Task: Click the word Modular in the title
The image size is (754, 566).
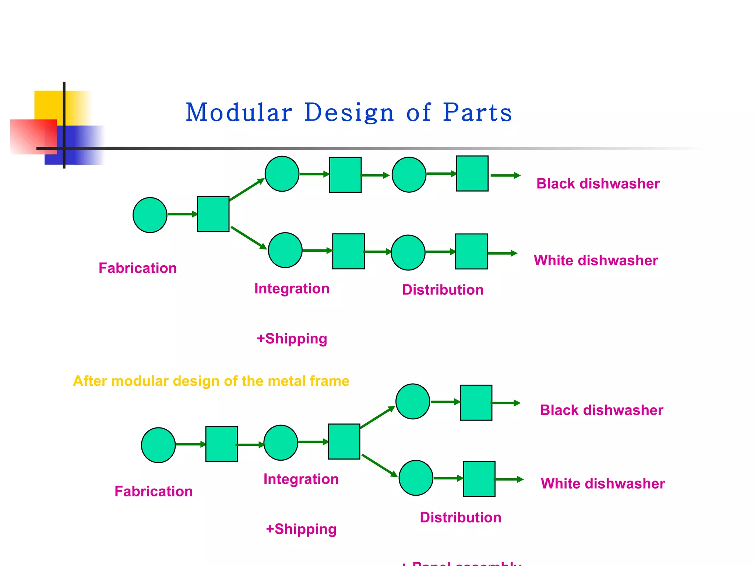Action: coord(239,112)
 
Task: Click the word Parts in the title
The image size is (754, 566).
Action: coord(477,112)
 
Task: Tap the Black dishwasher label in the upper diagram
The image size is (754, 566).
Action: coord(598,184)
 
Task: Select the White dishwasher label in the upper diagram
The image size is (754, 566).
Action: coord(596,261)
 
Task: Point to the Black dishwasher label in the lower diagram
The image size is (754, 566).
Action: coord(601,410)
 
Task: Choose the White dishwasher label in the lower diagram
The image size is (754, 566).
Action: coord(603,483)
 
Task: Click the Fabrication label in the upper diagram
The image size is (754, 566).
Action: coord(138,268)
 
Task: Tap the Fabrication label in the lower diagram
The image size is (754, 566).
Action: coord(154,491)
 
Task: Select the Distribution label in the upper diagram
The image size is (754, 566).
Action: coord(443,290)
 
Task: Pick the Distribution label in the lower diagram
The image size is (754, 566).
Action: coord(460,517)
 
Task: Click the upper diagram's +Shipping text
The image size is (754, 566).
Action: coord(292,339)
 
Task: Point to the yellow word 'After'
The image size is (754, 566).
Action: coord(90,381)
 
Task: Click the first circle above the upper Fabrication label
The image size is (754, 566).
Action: coord(150,215)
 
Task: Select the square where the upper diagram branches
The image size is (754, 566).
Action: coord(213,214)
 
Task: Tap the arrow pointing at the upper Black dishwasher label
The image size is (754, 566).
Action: coord(505,175)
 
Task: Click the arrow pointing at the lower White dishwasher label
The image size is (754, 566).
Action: coord(508,479)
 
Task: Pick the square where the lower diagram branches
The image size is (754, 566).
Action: coord(344,441)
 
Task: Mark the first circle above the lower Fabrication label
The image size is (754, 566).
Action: coord(158,445)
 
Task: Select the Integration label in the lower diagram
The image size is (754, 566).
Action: coord(301,479)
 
